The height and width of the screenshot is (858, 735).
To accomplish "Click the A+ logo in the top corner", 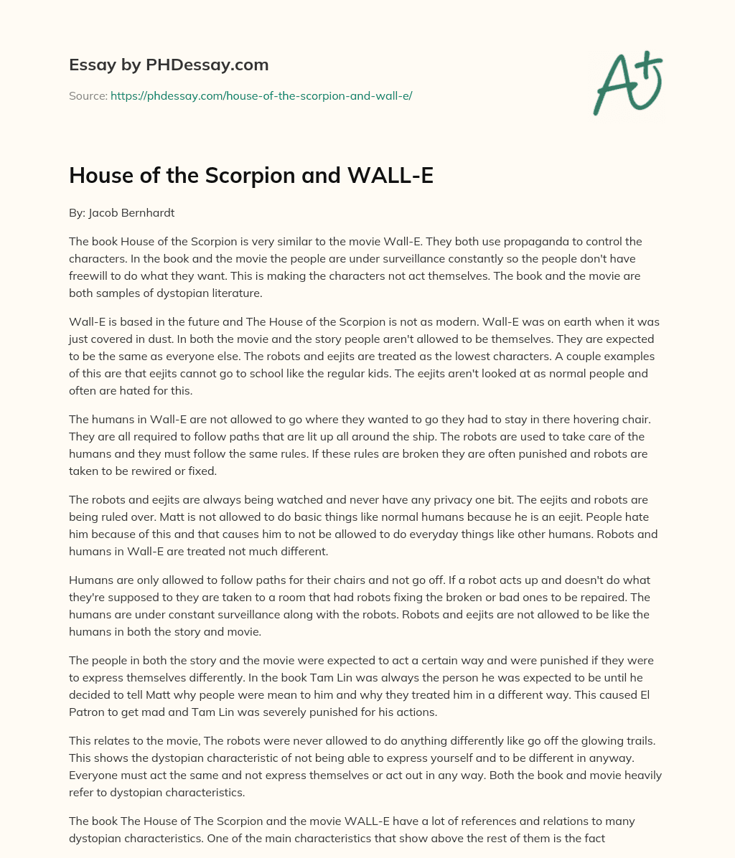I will click(627, 83).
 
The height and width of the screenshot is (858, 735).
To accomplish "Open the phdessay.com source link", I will click(261, 95).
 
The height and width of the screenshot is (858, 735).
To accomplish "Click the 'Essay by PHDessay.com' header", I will click(169, 65).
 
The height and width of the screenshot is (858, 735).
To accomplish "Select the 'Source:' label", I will click(88, 95).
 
